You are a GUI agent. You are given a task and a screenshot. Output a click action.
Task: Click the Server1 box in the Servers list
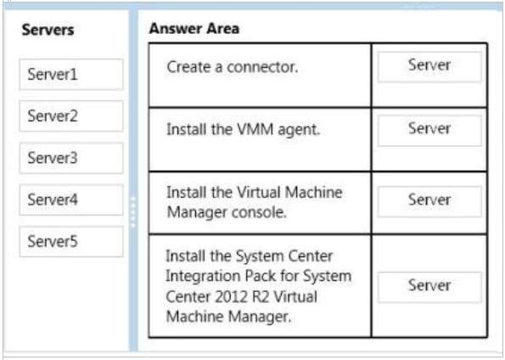(71, 75)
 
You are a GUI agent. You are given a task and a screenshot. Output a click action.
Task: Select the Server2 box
(71, 116)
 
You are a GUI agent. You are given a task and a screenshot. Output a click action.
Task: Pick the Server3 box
(71, 158)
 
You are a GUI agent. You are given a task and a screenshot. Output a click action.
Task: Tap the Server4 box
(71, 200)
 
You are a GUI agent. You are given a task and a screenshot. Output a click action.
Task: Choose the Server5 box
(71, 241)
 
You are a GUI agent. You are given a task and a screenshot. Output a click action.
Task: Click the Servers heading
(48, 30)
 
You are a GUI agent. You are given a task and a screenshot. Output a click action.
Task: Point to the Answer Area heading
(194, 29)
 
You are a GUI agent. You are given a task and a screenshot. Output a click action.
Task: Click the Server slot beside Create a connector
(429, 66)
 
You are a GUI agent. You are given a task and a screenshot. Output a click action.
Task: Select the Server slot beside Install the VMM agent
(429, 130)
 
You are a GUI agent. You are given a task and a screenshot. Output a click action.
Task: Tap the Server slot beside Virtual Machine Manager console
(429, 201)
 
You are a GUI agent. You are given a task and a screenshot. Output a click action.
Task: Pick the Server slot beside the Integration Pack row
(429, 287)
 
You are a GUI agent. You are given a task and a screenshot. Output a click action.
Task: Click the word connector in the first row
(262, 67)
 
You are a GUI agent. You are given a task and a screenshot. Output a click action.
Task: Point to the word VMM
(255, 129)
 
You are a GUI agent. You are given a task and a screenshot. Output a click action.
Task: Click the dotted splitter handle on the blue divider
(133, 212)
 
